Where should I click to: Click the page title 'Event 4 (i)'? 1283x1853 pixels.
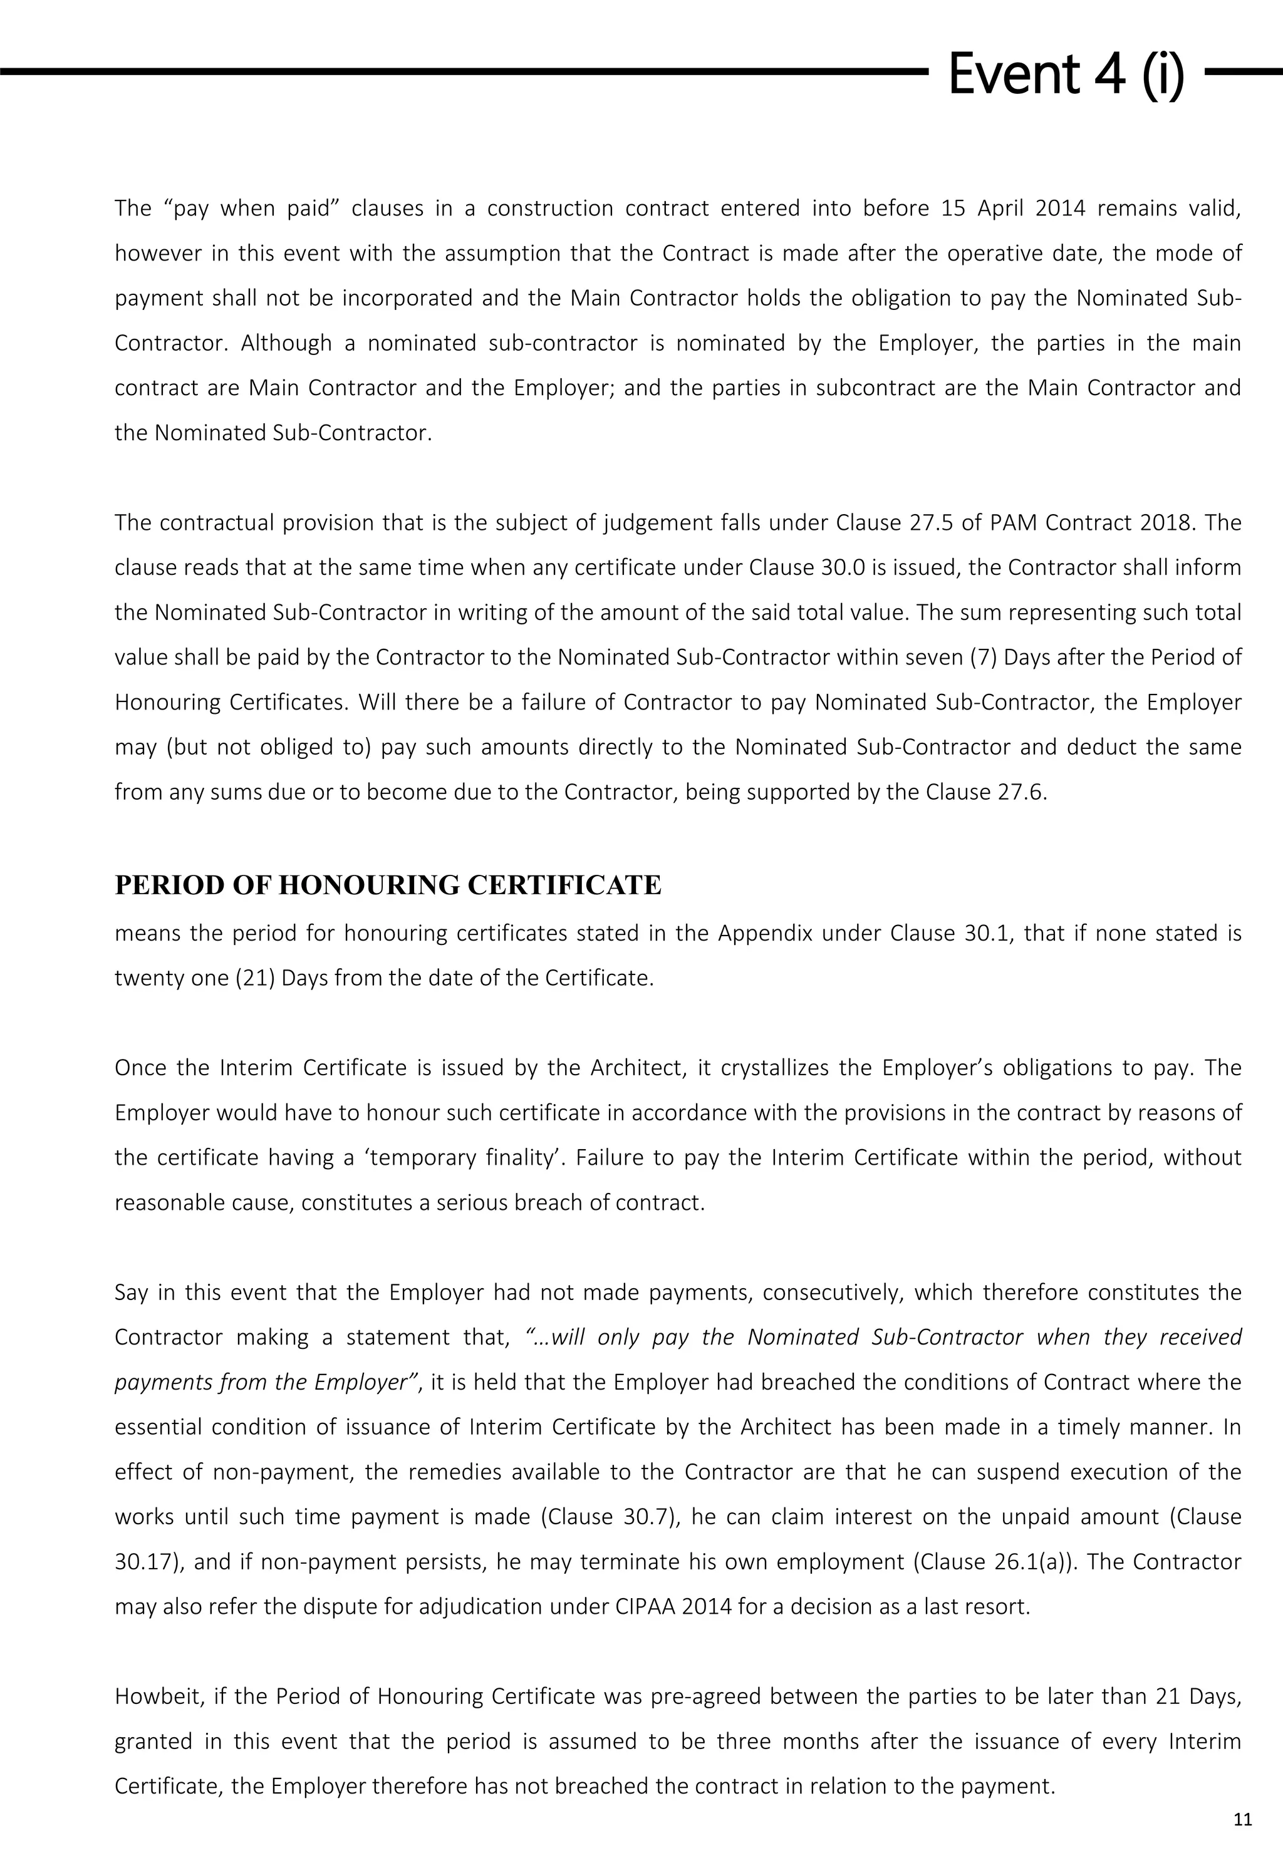pyautogui.click(x=1066, y=74)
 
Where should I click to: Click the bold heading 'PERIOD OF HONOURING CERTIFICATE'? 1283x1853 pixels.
pyautogui.click(x=388, y=885)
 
